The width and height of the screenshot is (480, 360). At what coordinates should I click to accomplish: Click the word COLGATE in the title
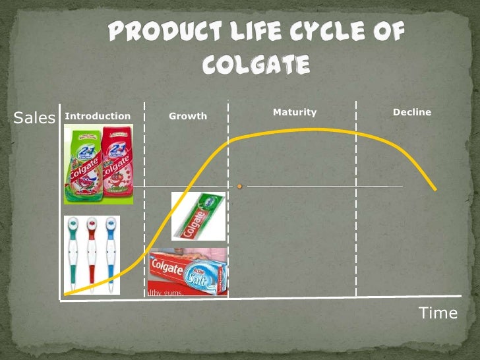256,65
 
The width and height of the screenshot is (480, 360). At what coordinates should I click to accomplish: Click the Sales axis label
34,118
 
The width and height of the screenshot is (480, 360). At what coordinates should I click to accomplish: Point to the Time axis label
438,313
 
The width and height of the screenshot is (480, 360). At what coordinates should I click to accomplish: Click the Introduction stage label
98,116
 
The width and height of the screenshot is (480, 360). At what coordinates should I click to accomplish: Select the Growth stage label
188,116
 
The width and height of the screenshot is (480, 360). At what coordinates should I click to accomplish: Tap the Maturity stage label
295,112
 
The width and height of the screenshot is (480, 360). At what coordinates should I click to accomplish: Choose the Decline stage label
412,112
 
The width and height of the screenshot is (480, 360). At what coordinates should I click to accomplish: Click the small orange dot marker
239,187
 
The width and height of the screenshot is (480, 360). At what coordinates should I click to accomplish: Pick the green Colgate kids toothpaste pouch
81,164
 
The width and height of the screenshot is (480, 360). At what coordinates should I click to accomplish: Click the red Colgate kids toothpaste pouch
117,164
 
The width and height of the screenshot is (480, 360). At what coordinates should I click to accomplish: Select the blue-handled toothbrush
111,254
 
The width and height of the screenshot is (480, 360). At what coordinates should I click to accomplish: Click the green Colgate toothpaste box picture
198,216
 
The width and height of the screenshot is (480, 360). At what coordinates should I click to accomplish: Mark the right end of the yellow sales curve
435,190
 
